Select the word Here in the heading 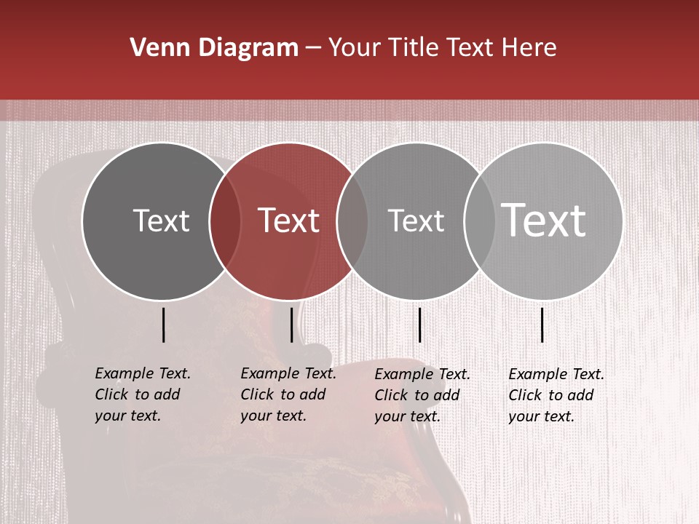[x=530, y=48]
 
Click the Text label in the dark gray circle [x=161, y=221]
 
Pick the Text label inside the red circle [x=289, y=221]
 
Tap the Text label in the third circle [x=416, y=221]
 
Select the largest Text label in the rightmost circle [x=544, y=220]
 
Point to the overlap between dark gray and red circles [x=225, y=221]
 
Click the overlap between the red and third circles [x=352, y=221]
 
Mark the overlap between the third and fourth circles [x=480, y=221]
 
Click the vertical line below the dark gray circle [x=164, y=325]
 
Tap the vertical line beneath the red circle [x=291, y=325]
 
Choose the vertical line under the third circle [x=420, y=325]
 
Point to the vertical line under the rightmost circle [x=542, y=325]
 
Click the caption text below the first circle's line [x=142, y=394]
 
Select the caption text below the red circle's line [x=288, y=394]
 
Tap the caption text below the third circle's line [x=422, y=395]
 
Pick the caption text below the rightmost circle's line [x=556, y=395]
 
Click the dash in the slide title [x=313, y=49]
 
